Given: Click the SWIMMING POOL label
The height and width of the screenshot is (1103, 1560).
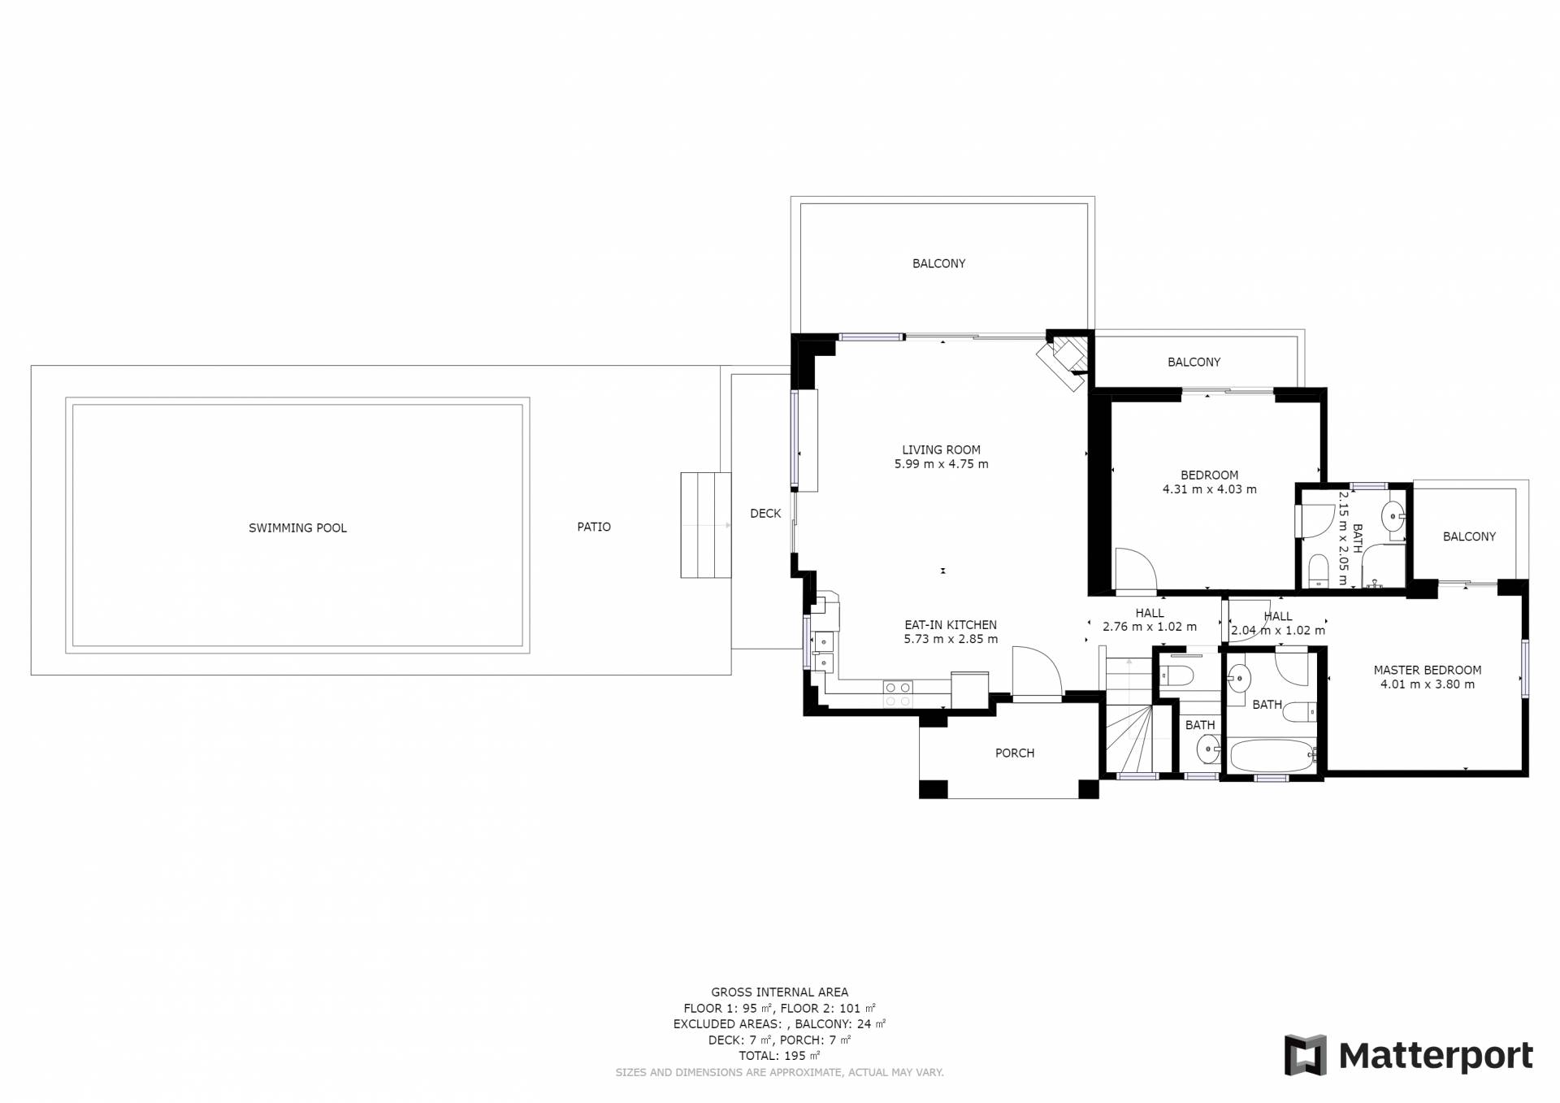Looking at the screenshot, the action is coord(297,528).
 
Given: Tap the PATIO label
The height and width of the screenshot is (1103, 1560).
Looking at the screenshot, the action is coord(594,527).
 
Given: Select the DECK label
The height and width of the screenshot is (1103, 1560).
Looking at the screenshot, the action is coord(765,514).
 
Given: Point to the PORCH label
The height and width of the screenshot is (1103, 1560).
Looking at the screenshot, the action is coord(1015,753).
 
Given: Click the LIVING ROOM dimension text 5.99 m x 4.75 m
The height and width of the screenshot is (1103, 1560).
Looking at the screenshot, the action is coord(941,465).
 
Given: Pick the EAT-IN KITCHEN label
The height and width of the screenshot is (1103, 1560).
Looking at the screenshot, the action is coord(951,625).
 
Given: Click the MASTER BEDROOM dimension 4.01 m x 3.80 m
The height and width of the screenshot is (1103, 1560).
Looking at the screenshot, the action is coord(1428,684).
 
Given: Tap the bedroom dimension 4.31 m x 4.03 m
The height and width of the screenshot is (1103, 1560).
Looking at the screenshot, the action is coord(1210,489).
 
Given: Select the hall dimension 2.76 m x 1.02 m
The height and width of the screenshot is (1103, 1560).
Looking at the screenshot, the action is coord(1150,627).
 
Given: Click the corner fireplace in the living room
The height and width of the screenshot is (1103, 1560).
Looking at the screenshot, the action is coord(1064,359).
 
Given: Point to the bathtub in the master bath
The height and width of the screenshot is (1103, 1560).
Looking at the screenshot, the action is coord(1272,756).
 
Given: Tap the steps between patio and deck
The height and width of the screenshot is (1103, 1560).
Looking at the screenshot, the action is coord(705,525).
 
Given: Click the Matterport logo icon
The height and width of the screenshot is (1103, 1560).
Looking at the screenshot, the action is coord(1306,1055).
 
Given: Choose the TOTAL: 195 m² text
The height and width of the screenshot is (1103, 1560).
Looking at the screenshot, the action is coord(779,1056).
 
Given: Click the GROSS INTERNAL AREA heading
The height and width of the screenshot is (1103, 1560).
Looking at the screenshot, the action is coord(779,992).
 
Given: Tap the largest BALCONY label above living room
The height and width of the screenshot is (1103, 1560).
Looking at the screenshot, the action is coord(938,263).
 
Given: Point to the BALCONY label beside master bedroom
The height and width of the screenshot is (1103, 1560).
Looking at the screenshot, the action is coord(1469,536).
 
